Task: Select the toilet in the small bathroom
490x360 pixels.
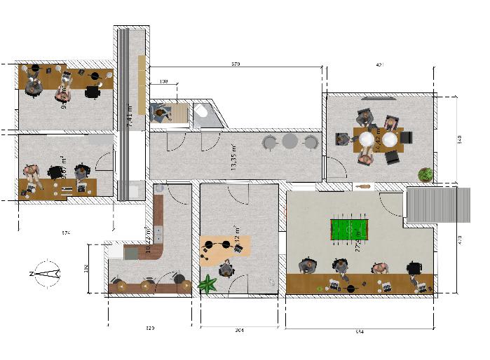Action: point(200,112)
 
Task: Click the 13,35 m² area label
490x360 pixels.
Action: point(233,156)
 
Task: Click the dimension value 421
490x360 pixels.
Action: point(380,64)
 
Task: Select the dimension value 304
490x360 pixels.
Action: point(239,328)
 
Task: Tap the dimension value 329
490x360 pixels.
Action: point(149,328)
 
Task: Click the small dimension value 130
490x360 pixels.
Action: point(164,82)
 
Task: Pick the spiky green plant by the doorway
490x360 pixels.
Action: point(207,284)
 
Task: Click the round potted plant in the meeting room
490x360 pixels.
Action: point(424,174)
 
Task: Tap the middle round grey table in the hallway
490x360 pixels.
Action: point(290,142)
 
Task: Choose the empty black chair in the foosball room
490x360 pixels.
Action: point(414,267)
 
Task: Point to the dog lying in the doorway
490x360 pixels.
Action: point(362,186)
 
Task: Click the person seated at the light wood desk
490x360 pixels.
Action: point(226,268)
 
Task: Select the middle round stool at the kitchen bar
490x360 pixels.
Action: point(147,284)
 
